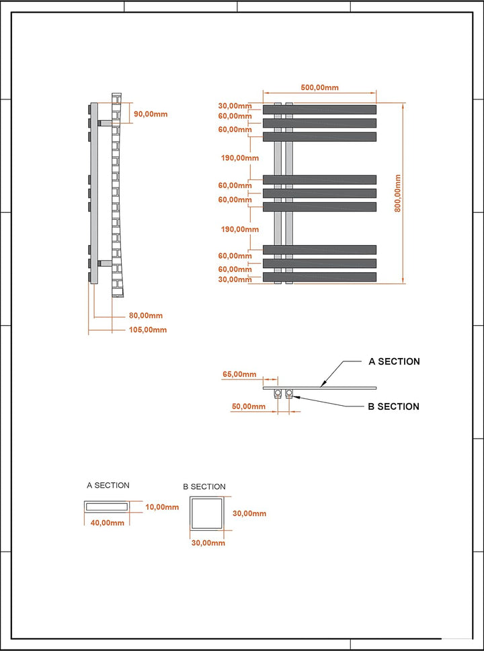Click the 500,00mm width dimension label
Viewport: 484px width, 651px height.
tap(319, 87)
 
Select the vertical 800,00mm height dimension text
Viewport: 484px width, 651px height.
tap(397, 193)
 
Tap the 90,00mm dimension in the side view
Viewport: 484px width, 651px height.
tap(151, 114)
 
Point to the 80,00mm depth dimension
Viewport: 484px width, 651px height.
tap(146, 316)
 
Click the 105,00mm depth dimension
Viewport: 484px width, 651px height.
tap(146, 330)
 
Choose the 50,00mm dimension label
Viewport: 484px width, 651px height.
tap(249, 406)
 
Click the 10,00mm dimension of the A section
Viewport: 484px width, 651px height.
tap(162, 507)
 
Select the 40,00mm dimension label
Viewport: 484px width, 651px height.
tap(107, 523)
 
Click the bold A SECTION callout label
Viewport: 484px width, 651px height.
tap(395, 361)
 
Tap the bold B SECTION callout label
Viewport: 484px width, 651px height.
tap(394, 406)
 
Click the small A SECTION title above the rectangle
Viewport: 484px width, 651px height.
tap(108, 485)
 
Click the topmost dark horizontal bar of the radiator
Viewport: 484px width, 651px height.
tap(319, 110)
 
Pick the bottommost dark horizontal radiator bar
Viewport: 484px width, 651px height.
tap(319, 277)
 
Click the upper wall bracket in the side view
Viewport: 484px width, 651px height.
tap(105, 123)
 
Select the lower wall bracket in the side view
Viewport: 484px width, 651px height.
tap(105, 263)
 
